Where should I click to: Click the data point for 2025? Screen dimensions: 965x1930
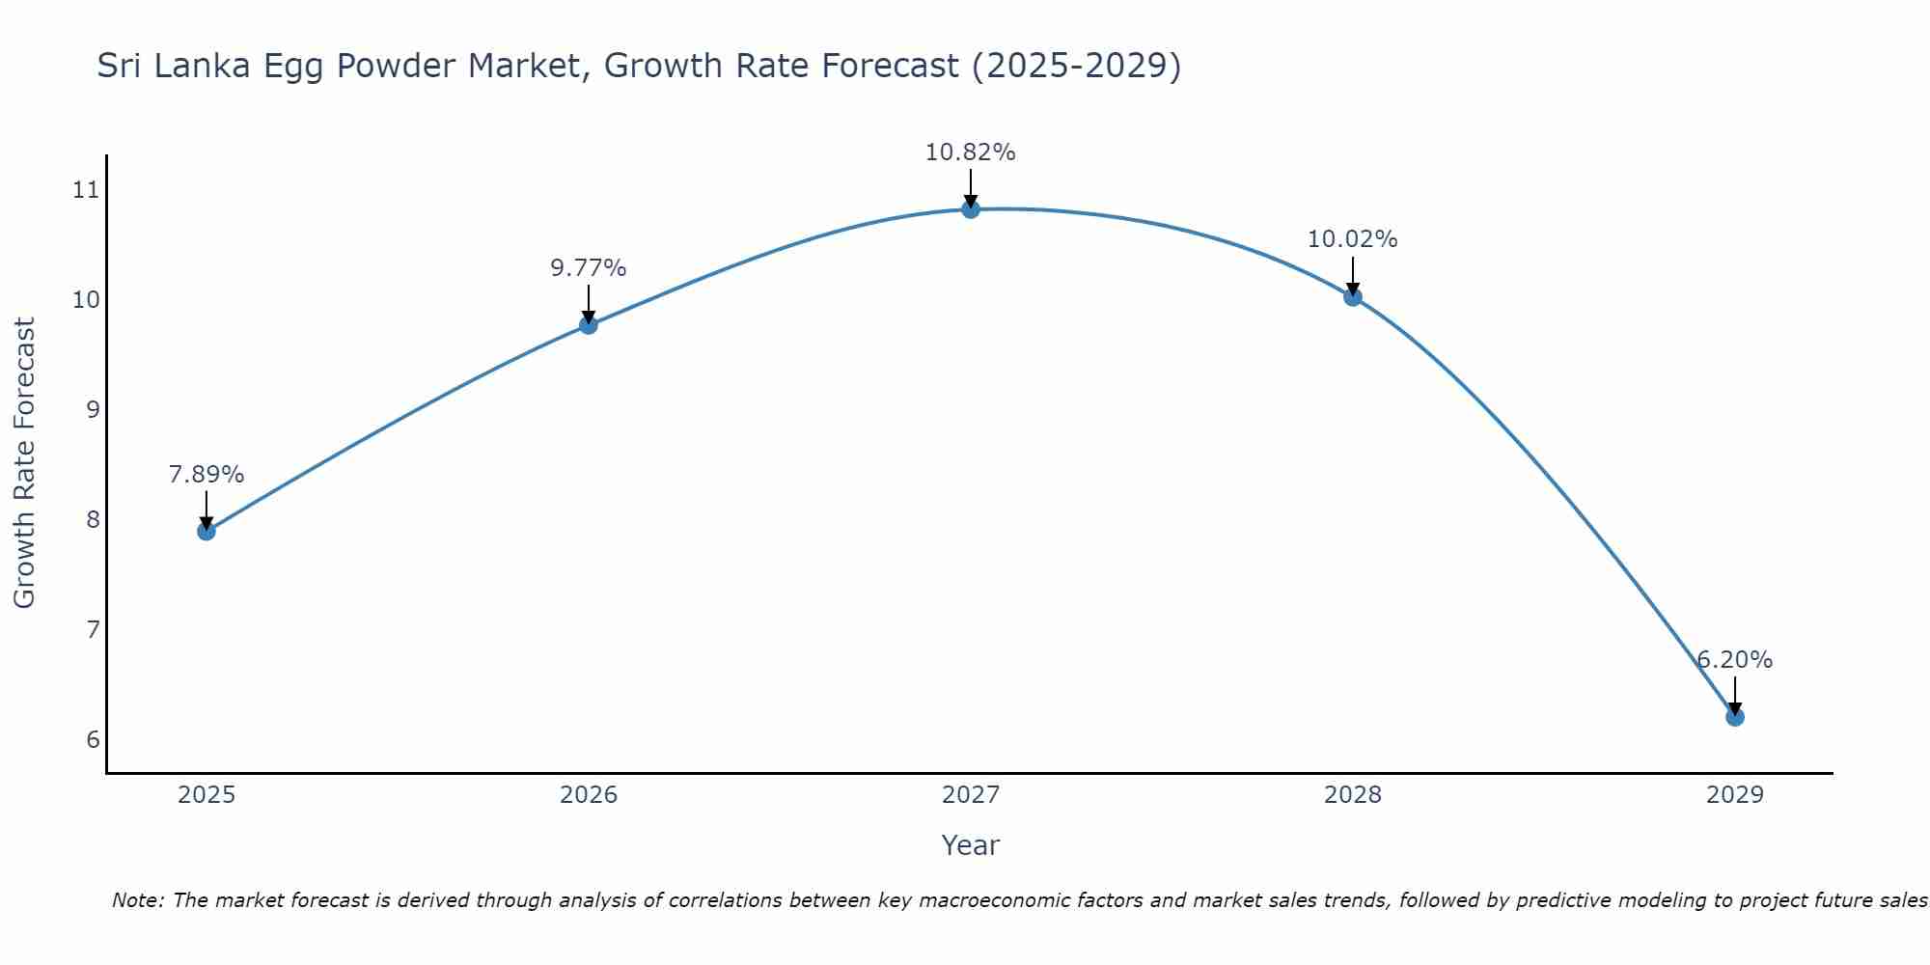click(x=206, y=531)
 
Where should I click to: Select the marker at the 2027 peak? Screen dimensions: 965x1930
click(x=971, y=208)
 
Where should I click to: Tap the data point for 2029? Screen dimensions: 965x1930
click(x=1734, y=717)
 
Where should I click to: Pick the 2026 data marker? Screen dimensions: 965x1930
click(x=589, y=324)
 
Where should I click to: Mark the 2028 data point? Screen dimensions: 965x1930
click(x=1353, y=296)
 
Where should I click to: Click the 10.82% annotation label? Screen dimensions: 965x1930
click(x=970, y=152)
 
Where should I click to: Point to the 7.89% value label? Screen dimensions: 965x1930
click(x=206, y=475)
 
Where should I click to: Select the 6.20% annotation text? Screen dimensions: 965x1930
click(x=1734, y=660)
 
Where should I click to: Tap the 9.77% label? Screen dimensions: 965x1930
click(x=589, y=268)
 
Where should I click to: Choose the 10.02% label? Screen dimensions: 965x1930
click(x=1352, y=239)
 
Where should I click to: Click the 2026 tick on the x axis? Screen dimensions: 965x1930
click(x=589, y=795)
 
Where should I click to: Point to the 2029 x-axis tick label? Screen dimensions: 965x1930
click(x=1734, y=795)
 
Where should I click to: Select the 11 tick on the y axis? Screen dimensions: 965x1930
click(x=86, y=189)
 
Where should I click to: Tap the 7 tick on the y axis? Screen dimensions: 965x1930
click(x=93, y=630)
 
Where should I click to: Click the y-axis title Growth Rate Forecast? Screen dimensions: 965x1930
click(x=24, y=463)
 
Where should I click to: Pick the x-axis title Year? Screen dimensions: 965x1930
click(x=970, y=845)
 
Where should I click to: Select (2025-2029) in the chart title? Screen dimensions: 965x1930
click(x=1075, y=66)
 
